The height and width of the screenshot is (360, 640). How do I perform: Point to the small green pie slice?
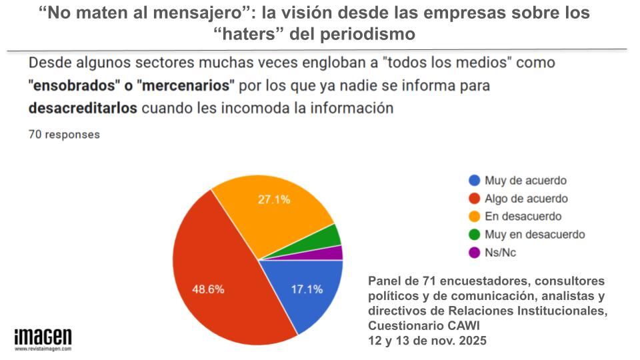(x=329, y=235)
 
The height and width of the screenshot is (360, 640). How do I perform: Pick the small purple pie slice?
(x=335, y=253)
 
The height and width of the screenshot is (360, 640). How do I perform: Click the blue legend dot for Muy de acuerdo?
(x=475, y=181)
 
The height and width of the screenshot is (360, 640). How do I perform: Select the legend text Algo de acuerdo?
(x=526, y=199)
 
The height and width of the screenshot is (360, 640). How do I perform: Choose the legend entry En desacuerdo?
(x=523, y=217)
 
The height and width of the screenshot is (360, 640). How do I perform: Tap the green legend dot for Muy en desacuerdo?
(x=475, y=235)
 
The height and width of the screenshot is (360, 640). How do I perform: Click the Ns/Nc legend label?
(x=500, y=253)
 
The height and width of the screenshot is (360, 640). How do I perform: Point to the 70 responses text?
(x=64, y=134)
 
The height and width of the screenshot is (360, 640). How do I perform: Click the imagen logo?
(x=43, y=337)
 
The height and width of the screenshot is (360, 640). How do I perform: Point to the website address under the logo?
(x=43, y=349)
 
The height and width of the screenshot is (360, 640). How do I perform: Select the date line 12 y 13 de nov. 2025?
(x=427, y=340)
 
